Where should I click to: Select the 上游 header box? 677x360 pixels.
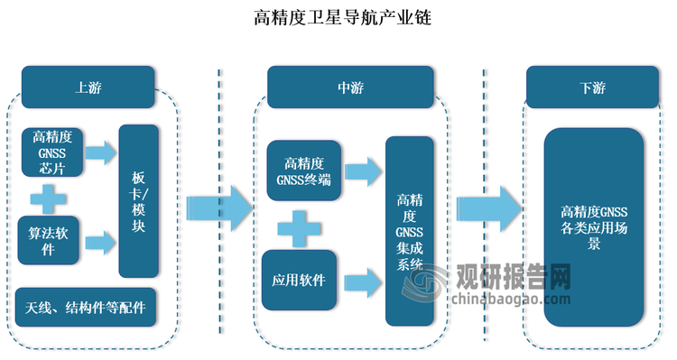[x=88, y=88]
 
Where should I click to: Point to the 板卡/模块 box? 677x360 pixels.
[x=139, y=200]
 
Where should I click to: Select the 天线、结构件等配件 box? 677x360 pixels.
[x=87, y=308]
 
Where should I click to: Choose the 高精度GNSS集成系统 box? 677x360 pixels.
[x=411, y=231]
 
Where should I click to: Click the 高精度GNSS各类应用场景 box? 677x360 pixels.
[x=593, y=227]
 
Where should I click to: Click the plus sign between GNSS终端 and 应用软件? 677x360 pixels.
[x=299, y=225]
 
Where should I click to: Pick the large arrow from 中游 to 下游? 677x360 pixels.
[x=488, y=208]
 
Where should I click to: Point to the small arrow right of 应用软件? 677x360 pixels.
[x=362, y=281]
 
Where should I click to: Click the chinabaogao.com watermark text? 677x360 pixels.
[x=510, y=299]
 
